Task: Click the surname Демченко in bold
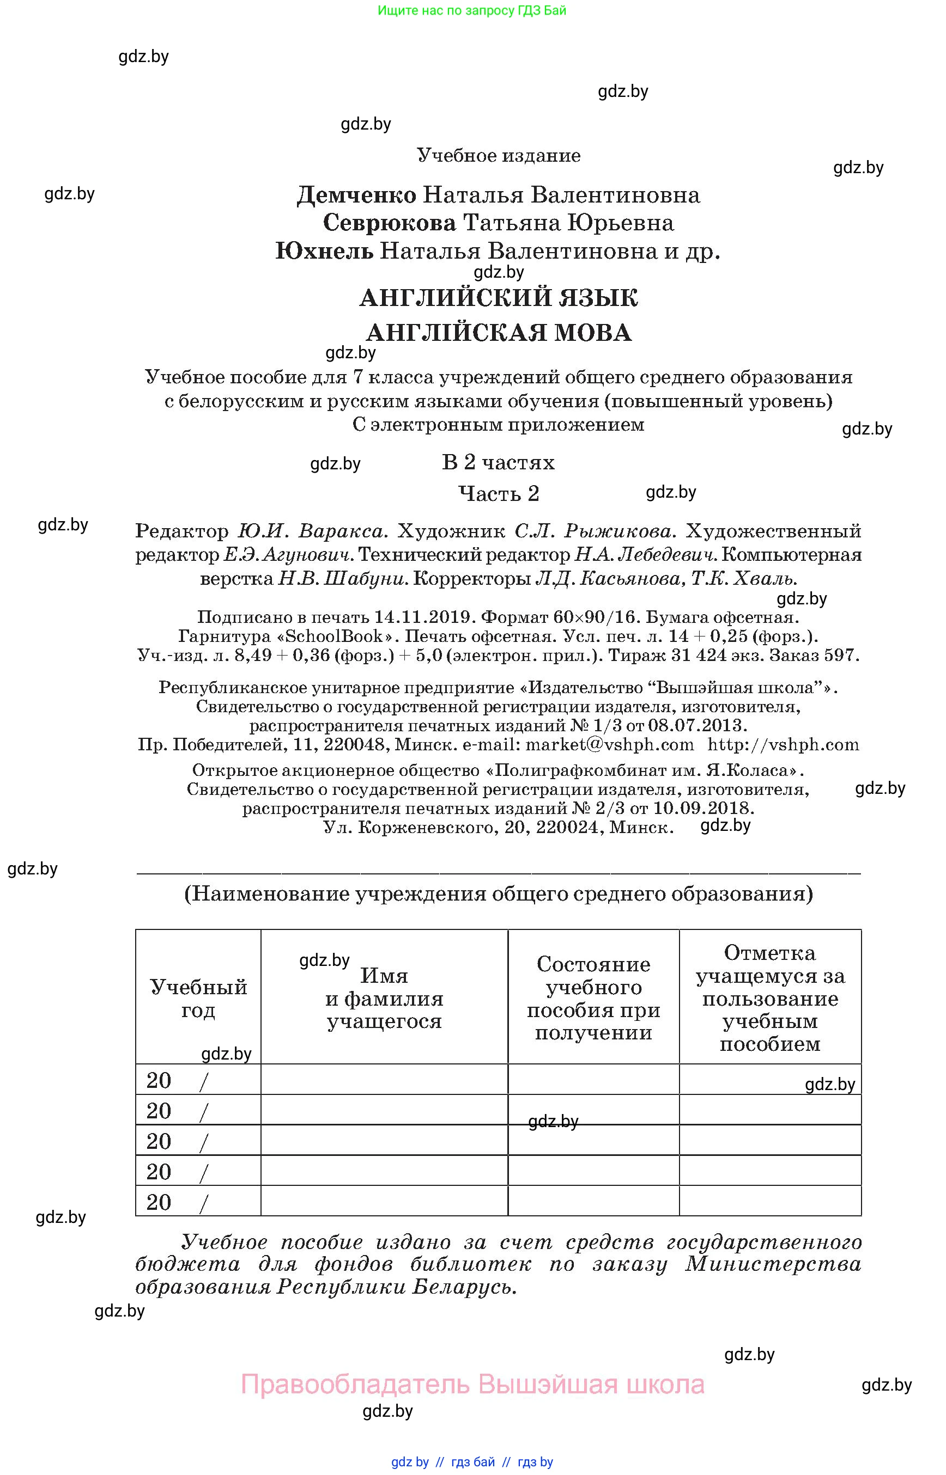[x=357, y=195]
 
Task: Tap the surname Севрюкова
[x=390, y=223]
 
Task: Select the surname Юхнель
[x=324, y=251]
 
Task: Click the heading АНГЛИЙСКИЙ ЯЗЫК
[x=498, y=298]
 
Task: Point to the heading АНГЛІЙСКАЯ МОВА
[x=498, y=333]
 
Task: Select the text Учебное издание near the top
[x=498, y=155]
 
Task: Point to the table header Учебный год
[x=198, y=998]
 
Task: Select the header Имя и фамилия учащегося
[x=384, y=998]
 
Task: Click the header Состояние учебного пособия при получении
[x=593, y=998]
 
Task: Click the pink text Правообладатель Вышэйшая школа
[x=472, y=1384]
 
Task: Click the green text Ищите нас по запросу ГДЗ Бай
[x=472, y=10]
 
